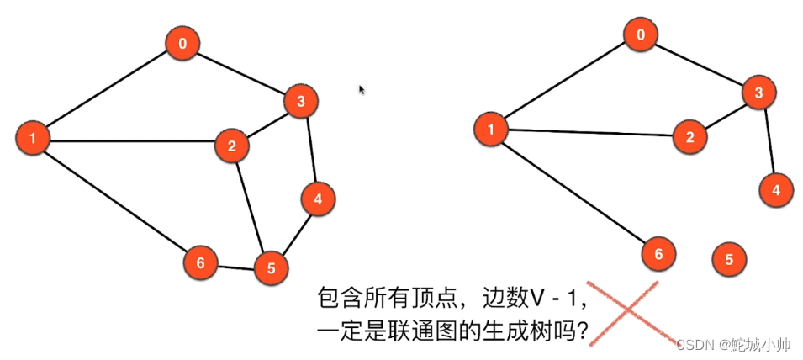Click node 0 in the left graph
tap(182, 44)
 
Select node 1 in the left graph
tap(33, 137)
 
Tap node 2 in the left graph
tap(232, 146)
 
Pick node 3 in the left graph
tap(299, 102)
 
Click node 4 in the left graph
tap(318, 199)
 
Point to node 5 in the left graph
tap(271, 268)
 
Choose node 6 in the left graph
tap(200, 262)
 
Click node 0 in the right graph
tap(642, 35)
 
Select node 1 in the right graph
tap(491, 129)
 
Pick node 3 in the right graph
tap(758, 93)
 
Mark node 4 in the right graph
tap(776, 190)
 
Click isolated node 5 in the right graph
tap(729, 259)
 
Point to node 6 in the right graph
tap(658, 253)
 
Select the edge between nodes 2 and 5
tap(251, 207)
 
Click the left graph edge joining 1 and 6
tap(116, 199)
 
